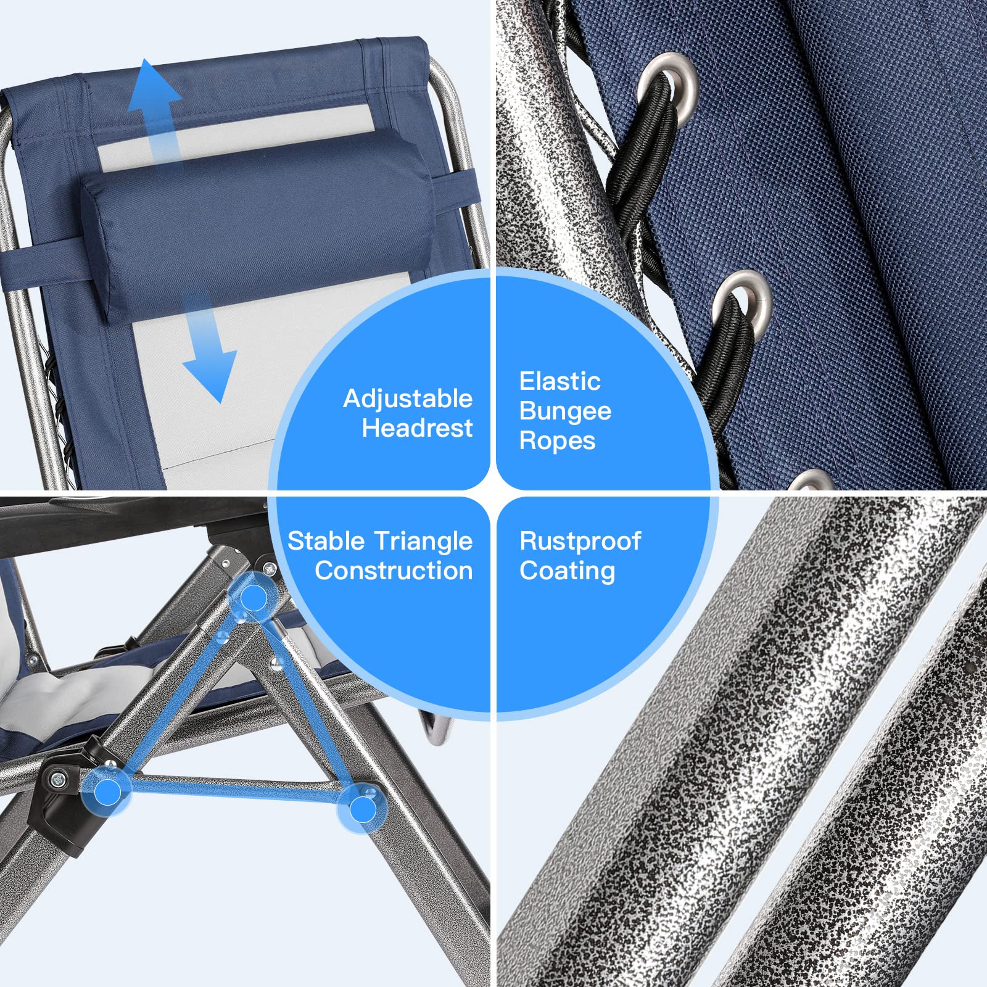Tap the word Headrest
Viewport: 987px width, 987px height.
(417, 428)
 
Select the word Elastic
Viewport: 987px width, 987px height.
(560, 381)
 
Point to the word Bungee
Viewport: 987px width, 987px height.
(565, 412)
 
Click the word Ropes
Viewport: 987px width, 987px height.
(557, 442)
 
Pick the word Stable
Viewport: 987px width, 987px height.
(326, 541)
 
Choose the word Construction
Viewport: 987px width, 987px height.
(394, 571)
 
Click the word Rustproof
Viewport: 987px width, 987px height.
(580, 542)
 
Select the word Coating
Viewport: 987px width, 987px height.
(567, 571)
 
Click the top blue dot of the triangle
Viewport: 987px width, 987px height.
(253, 598)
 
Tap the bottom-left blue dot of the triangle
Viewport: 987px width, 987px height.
(108, 791)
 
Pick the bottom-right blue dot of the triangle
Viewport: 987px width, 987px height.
(362, 809)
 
